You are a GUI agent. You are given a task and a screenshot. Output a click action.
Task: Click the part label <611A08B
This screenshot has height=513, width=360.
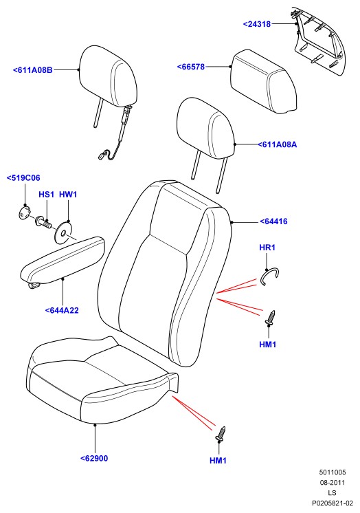click(x=33, y=70)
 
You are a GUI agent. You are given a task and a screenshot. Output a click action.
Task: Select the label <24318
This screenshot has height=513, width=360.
click(x=257, y=24)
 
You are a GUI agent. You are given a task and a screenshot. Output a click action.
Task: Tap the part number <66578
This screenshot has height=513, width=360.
click(x=191, y=67)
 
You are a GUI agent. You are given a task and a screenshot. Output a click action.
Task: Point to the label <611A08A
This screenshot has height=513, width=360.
click(x=278, y=144)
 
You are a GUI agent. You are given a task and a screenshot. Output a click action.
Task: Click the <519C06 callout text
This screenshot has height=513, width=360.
click(x=23, y=178)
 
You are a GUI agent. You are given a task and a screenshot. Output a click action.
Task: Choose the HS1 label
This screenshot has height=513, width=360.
click(x=46, y=195)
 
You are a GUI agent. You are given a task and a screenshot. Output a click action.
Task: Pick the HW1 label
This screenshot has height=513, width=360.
click(x=68, y=195)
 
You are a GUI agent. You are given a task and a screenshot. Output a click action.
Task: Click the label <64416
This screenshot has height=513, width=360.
click(x=273, y=221)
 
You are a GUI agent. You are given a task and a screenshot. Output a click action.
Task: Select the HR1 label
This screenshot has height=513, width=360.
click(x=267, y=248)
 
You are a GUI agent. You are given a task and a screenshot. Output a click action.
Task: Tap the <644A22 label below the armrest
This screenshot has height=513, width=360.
click(x=62, y=310)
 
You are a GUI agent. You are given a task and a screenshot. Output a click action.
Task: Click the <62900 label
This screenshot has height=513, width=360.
click(x=94, y=459)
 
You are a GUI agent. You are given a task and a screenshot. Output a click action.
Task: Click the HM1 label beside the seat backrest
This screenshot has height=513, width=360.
click(x=267, y=345)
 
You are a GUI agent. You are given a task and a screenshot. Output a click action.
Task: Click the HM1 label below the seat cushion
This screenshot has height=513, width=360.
click(x=218, y=460)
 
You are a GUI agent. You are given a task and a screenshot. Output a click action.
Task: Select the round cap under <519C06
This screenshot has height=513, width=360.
click(x=23, y=212)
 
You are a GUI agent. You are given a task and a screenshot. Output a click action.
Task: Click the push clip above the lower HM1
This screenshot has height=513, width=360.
click(x=221, y=434)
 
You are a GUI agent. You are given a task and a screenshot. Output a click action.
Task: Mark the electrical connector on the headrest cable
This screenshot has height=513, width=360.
click(x=102, y=155)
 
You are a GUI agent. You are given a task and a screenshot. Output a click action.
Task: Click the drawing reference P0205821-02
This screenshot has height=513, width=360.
click(x=333, y=503)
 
